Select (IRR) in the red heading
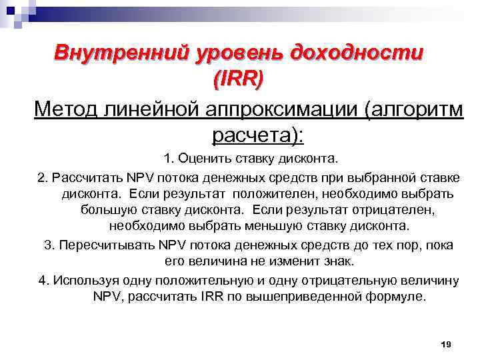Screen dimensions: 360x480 [x=237, y=78]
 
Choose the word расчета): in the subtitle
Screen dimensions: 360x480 [x=257, y=135]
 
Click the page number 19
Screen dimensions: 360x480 [x=447, y=344]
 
